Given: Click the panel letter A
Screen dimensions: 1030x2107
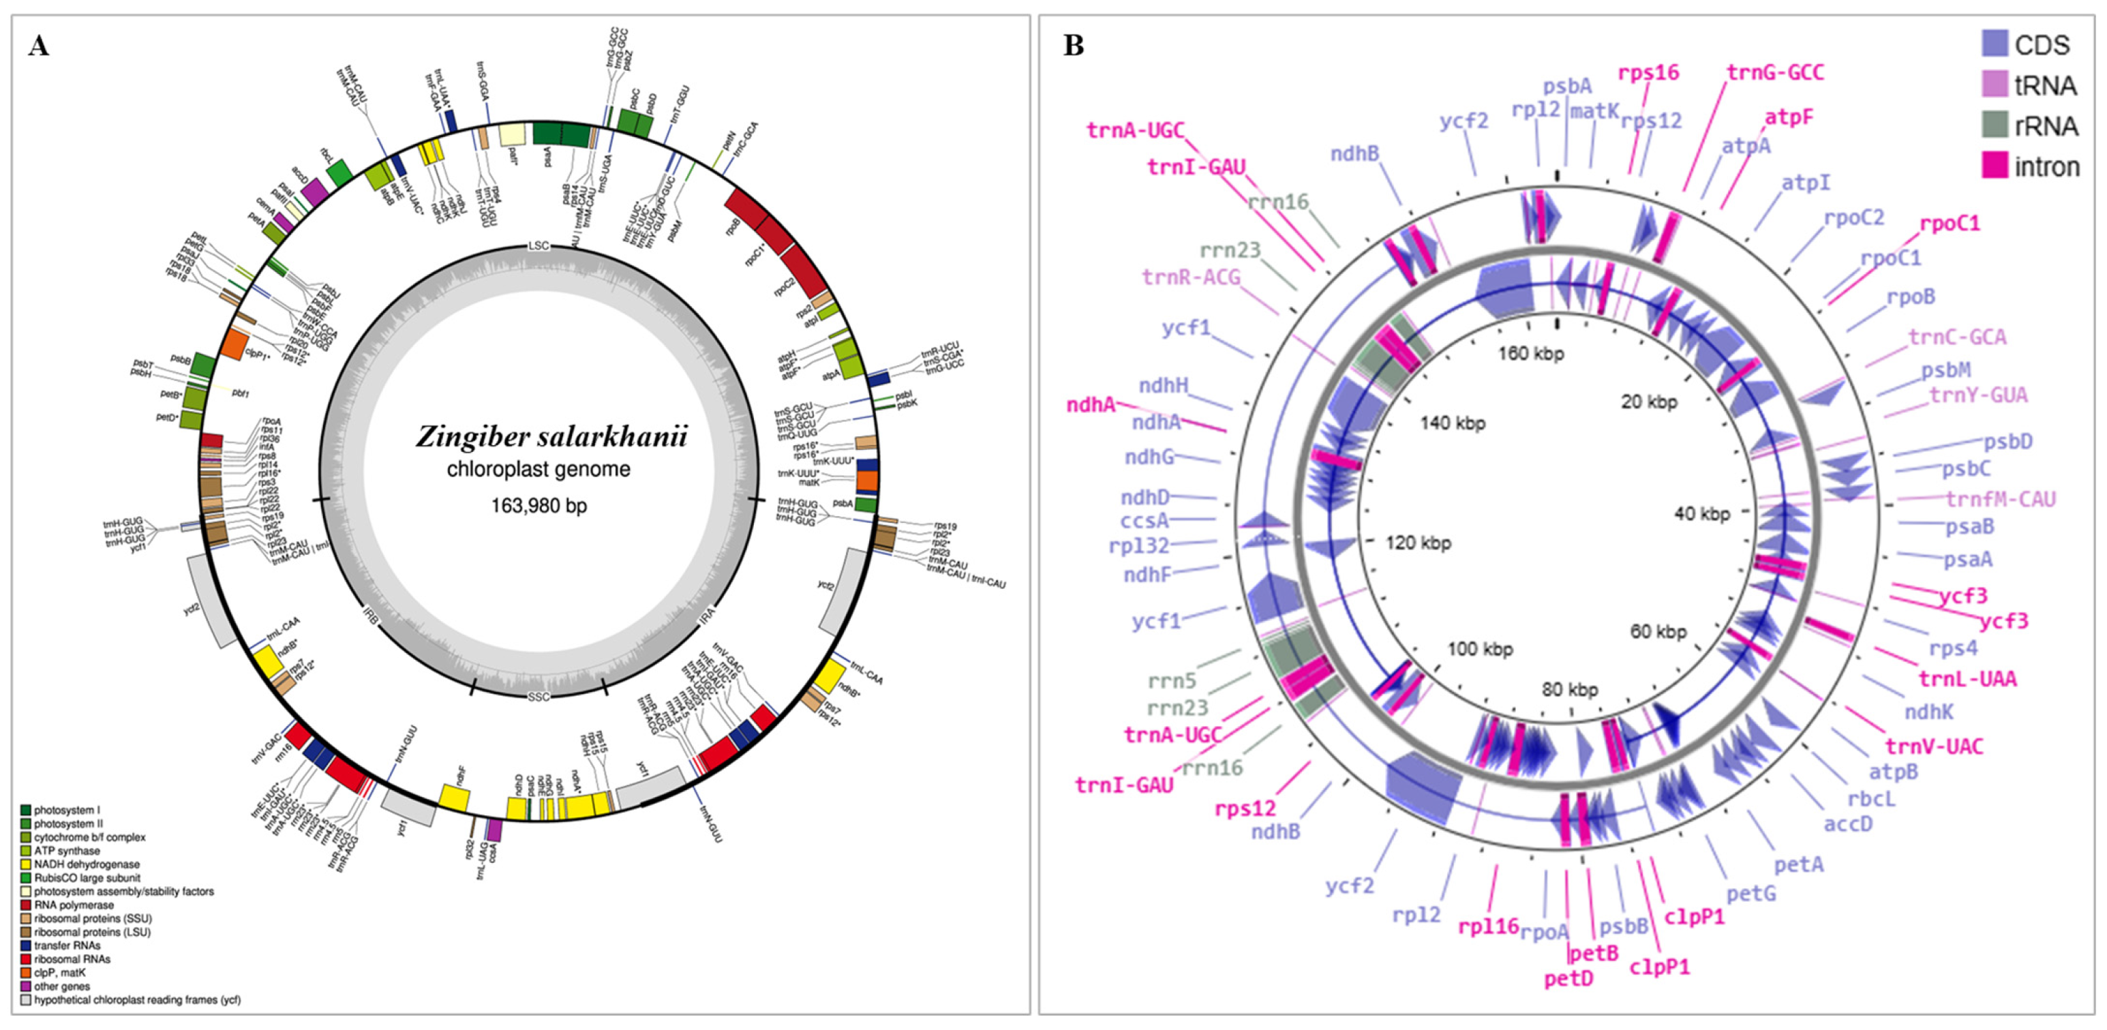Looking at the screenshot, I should click(x=38, y=46).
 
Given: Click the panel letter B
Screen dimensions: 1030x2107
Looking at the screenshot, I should click(x=1073, y=46).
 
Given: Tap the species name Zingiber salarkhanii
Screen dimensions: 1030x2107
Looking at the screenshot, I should click(x=551, y=436).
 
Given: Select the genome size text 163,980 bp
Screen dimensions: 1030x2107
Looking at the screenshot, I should click(x=539, y=506).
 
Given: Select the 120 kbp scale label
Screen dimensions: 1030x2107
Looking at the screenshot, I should click(x=1419, y=543).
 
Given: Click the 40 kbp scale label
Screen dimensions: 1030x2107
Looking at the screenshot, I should click(x=1702, y=514).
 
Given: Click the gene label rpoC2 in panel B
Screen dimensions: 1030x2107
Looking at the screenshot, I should click(x=1853, y=218).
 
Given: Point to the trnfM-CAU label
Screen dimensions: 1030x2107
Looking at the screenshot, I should click(x=2000, y=499).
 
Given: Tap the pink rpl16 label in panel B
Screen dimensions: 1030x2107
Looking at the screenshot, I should click(x=1488, y=927).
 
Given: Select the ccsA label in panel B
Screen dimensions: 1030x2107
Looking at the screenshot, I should click(x=1145, y=520).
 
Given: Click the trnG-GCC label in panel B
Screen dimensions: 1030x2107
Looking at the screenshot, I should click(x=1774, y=73).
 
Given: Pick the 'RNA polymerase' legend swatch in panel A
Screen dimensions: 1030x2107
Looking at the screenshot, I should click(x=26, y=905).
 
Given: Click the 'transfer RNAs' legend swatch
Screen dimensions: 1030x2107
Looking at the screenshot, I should click(x=26, y=945).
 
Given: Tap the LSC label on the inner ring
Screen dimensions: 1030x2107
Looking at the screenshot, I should click(x=539, y=245).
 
